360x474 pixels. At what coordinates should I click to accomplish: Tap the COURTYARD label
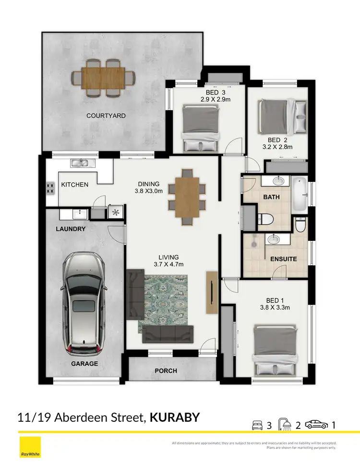(x=106, y=116)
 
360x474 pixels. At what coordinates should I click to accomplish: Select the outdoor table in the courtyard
(x=103, y=77)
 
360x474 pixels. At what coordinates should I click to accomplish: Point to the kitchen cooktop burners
(x=50, y=188)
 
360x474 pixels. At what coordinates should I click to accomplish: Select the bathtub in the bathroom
(x=299, y=195)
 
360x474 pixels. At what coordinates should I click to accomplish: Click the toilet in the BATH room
(x=265, y=219)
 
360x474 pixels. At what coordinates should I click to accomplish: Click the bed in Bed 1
(x=276, y=349)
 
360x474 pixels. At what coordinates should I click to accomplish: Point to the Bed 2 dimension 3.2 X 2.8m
(x=277, y=147)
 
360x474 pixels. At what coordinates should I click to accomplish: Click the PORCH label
(x=166, y=371)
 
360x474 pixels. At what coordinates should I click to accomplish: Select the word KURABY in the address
(x=175, y=417)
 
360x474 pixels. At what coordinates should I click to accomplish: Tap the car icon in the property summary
(x=317, y=425)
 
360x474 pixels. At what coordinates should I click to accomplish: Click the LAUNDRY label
(x=70, y=229)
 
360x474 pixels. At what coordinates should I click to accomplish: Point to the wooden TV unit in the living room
(x=211, y=292)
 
